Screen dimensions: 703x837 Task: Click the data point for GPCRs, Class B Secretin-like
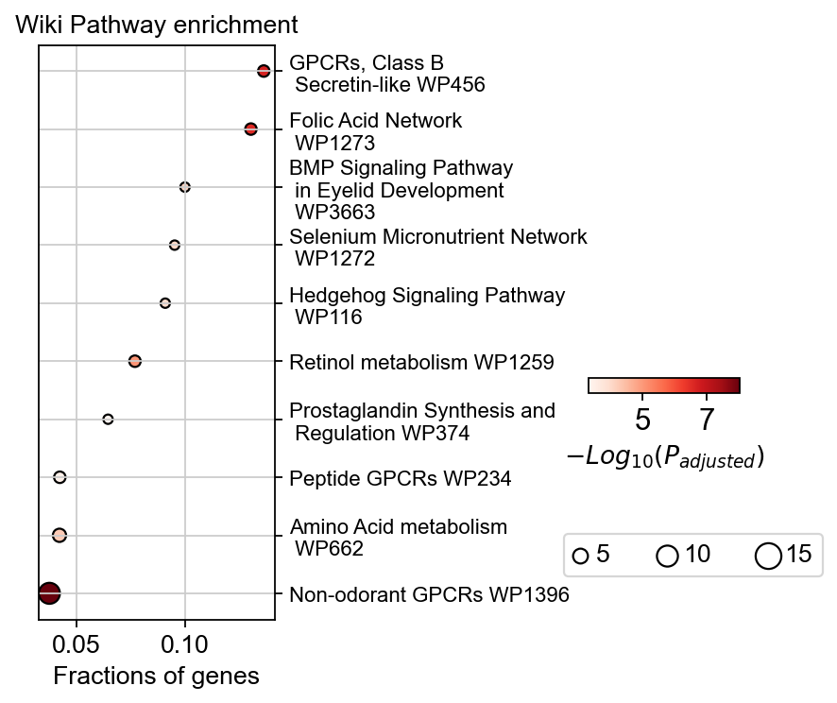click(264, 71)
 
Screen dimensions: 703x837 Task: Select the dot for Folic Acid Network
click(250, 129)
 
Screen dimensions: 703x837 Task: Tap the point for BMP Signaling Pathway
click(185, 187)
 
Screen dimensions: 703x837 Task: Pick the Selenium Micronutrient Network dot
click(175, 245)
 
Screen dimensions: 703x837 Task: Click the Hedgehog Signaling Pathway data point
click(165, 303)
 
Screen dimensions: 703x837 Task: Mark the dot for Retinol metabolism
click(135, 361)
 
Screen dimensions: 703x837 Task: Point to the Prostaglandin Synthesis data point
click(108, 419)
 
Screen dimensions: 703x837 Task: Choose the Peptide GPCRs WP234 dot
click(60, 477)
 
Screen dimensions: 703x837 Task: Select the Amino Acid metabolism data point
click(60, 535)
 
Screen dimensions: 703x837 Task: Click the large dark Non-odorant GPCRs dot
click(49, 592)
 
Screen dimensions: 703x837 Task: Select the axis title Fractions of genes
click(156, 677)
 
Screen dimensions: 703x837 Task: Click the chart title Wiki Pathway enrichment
click(157, 25)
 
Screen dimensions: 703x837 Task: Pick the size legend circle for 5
click(581, 557)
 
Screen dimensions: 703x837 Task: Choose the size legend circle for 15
click(768, 557)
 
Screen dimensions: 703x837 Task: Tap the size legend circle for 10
click(668, 557)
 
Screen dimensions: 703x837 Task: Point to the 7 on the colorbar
click(706, 418)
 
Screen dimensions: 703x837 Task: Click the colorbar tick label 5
click(642, 418)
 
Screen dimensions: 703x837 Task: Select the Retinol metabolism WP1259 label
click(421, 361)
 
